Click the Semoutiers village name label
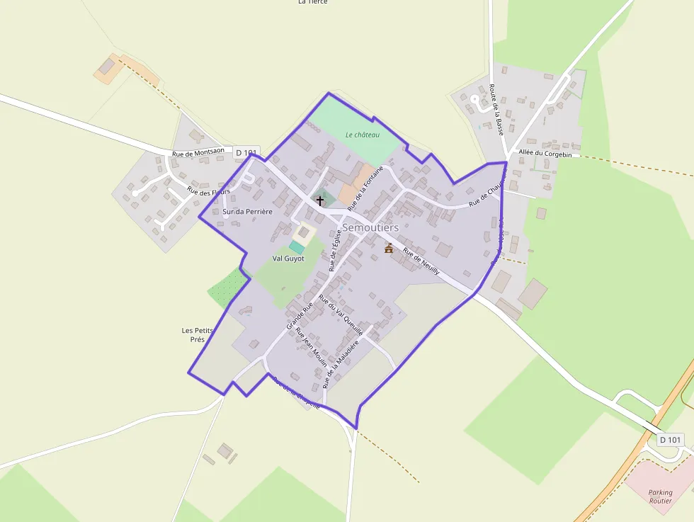pyautogui.click(x=370, y=227)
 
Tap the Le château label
pyautogui.click(x=363, y=135)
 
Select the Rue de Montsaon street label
pyautogui.click(x=198, y=152)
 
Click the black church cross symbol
pyautogui.click(x=320, y=201)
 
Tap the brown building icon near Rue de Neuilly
pyautogui.click(x=389, y=248)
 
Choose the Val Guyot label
pyautogui.click(x=288, y=259)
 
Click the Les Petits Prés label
pyautogui.click(x=198, y=335)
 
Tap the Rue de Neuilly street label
pyautogui.click(x=421, y=262)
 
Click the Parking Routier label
pyautogui.click(x=660, y=497)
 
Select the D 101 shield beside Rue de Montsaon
pyautogui.click(x=246, y=152)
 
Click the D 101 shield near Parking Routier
pyautogui.click(x=670, y=440)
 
